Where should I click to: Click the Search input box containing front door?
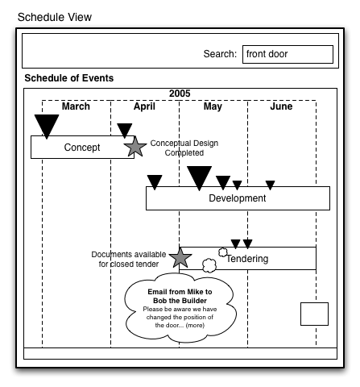[288, 54]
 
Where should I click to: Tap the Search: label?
[220, 54]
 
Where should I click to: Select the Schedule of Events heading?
[69, 78]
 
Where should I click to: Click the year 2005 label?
[180, 94]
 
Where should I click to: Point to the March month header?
[76, 106]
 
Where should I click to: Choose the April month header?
[144, 106]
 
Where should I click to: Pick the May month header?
[213, 106]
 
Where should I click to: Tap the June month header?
[281, 106]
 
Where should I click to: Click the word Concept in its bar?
[82, 148]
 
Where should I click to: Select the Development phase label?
[238, 198]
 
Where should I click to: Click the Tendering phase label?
[247, 259]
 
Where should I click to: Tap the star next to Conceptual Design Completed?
[135, 147]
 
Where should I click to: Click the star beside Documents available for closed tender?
[180, 257]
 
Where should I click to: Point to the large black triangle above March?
[47, 125]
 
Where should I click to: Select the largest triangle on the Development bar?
[199, 177]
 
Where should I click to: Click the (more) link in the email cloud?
[195, 326]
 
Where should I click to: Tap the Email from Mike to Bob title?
[180, 296]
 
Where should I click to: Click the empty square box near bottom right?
[314, 314]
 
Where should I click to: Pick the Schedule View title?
[55, 17]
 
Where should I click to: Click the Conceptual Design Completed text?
[184, 148]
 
